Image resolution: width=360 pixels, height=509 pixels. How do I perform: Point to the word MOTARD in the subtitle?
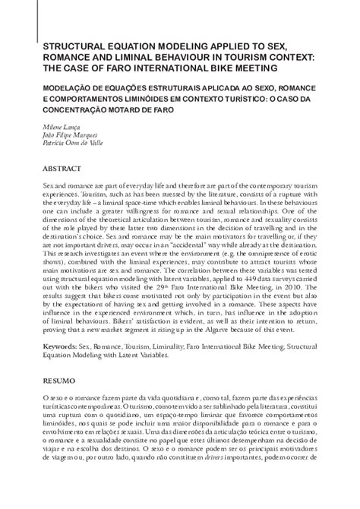128,110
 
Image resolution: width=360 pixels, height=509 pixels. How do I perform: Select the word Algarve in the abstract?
245,356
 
